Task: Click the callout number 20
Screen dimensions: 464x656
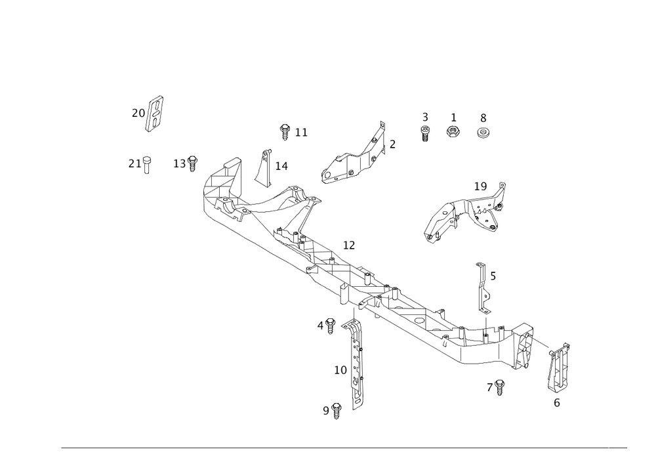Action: pyautogui.click(x=138, y=113)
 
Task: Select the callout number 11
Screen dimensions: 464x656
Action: pyautogui.click(x=301, y=133)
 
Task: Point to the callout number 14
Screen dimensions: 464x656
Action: pyautogui.click(x=282, y=165)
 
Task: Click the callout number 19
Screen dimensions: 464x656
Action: pyautogui.click(x=481, y=187)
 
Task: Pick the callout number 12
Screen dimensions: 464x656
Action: pyautogui.click(x=349, y=245)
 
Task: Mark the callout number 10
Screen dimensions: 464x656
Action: pyautogui.click(x=340, y=370)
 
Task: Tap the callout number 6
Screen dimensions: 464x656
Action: pyautogui.click(x=557, y=404)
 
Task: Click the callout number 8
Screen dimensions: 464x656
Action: pyautogui.click(x=483, y=117)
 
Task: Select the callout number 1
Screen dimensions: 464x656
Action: pyautogui.click(x=453, y=117)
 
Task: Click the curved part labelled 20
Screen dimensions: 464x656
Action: pyautogui.click(x=155, y=115)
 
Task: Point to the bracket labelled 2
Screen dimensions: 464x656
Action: pyautogui.click(x=358, y=158)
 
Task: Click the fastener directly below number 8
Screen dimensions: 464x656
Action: pyautogui.click(x=483, y=133)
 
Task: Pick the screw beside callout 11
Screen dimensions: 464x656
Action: pyautogui.click(x=285, y=133)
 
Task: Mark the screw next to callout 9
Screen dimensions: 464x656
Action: pyautogui.click(x=337, y=411)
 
